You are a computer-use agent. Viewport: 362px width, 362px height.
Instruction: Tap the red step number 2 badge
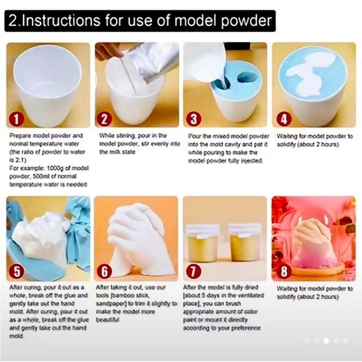[x=105, y=117]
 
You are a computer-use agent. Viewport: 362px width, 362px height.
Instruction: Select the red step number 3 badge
[x=195, y=117]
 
